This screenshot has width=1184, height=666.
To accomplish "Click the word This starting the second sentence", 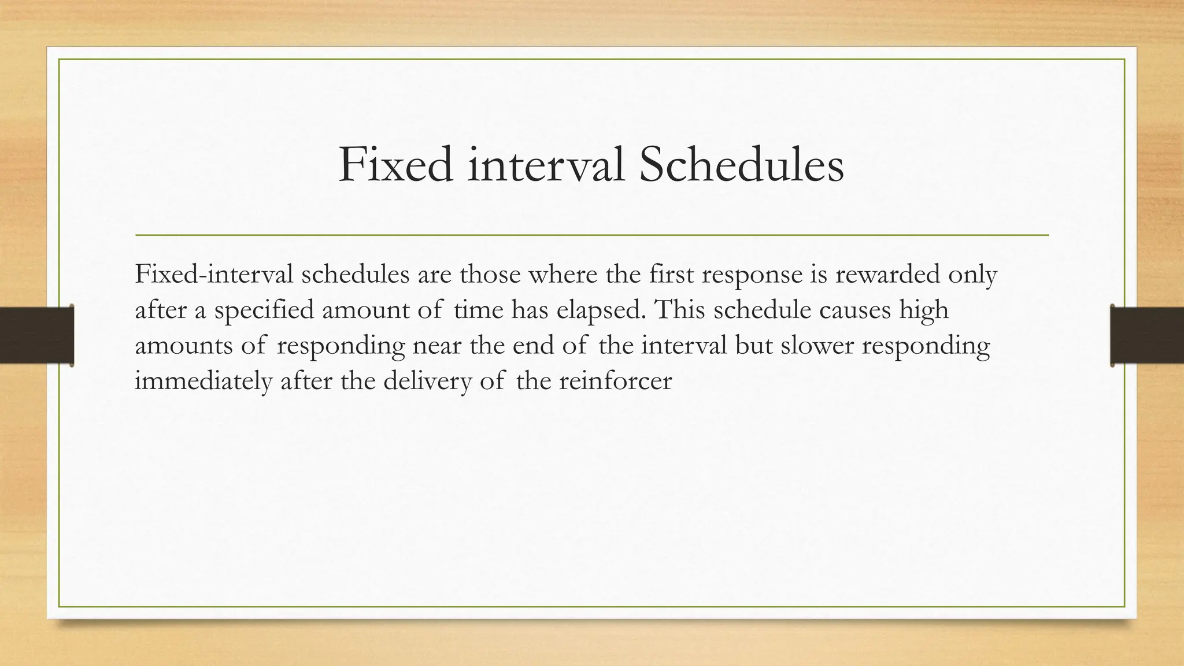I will point(680,310).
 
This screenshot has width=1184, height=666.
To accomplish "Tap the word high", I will point(924,310).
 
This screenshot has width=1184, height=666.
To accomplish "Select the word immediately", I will point(203,382).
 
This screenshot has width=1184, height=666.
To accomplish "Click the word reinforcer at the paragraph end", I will point(615,382).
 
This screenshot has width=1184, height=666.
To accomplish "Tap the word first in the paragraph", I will point(671,275).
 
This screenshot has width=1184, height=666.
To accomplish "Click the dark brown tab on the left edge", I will point(36,335).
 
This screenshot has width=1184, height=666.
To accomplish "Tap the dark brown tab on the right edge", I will point(1147,335).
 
